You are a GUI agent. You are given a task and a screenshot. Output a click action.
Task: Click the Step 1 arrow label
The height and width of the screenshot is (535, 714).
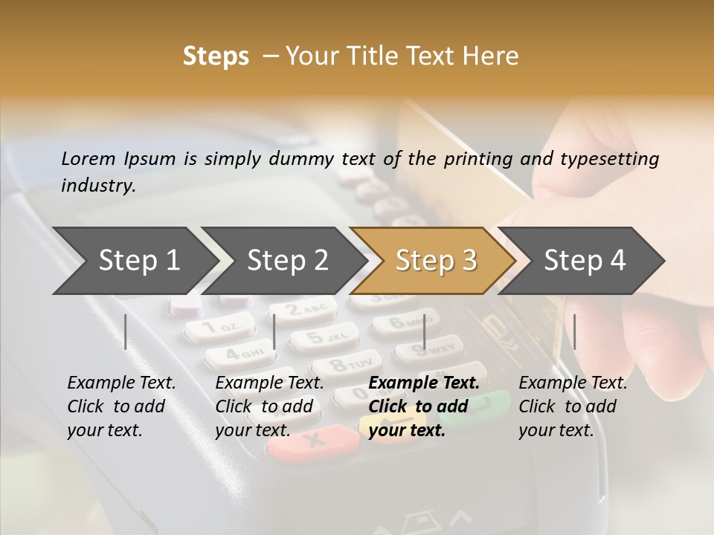point(139,260)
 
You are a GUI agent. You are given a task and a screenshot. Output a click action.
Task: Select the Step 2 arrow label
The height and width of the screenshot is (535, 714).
point(288,260)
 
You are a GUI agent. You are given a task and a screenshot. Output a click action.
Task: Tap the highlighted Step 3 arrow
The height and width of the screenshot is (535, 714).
point(436,260)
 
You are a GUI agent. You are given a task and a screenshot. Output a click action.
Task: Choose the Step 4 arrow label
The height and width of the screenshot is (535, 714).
point(585,260)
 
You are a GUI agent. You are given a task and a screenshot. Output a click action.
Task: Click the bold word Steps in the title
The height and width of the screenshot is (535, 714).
point(216,56)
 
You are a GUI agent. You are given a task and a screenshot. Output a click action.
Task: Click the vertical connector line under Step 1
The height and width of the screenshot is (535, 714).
point(126,331)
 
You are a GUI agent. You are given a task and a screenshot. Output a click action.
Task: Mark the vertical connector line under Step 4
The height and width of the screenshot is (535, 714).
point(575,331)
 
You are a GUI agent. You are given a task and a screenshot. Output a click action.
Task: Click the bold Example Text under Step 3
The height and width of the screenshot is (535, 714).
point(424,383)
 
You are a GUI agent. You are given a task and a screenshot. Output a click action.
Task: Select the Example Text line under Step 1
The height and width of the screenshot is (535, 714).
point(121,383)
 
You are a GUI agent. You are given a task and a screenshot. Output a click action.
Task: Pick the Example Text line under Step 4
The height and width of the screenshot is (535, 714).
point(573,383)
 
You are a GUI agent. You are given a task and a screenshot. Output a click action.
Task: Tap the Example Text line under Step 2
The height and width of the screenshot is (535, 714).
point(269,383)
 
